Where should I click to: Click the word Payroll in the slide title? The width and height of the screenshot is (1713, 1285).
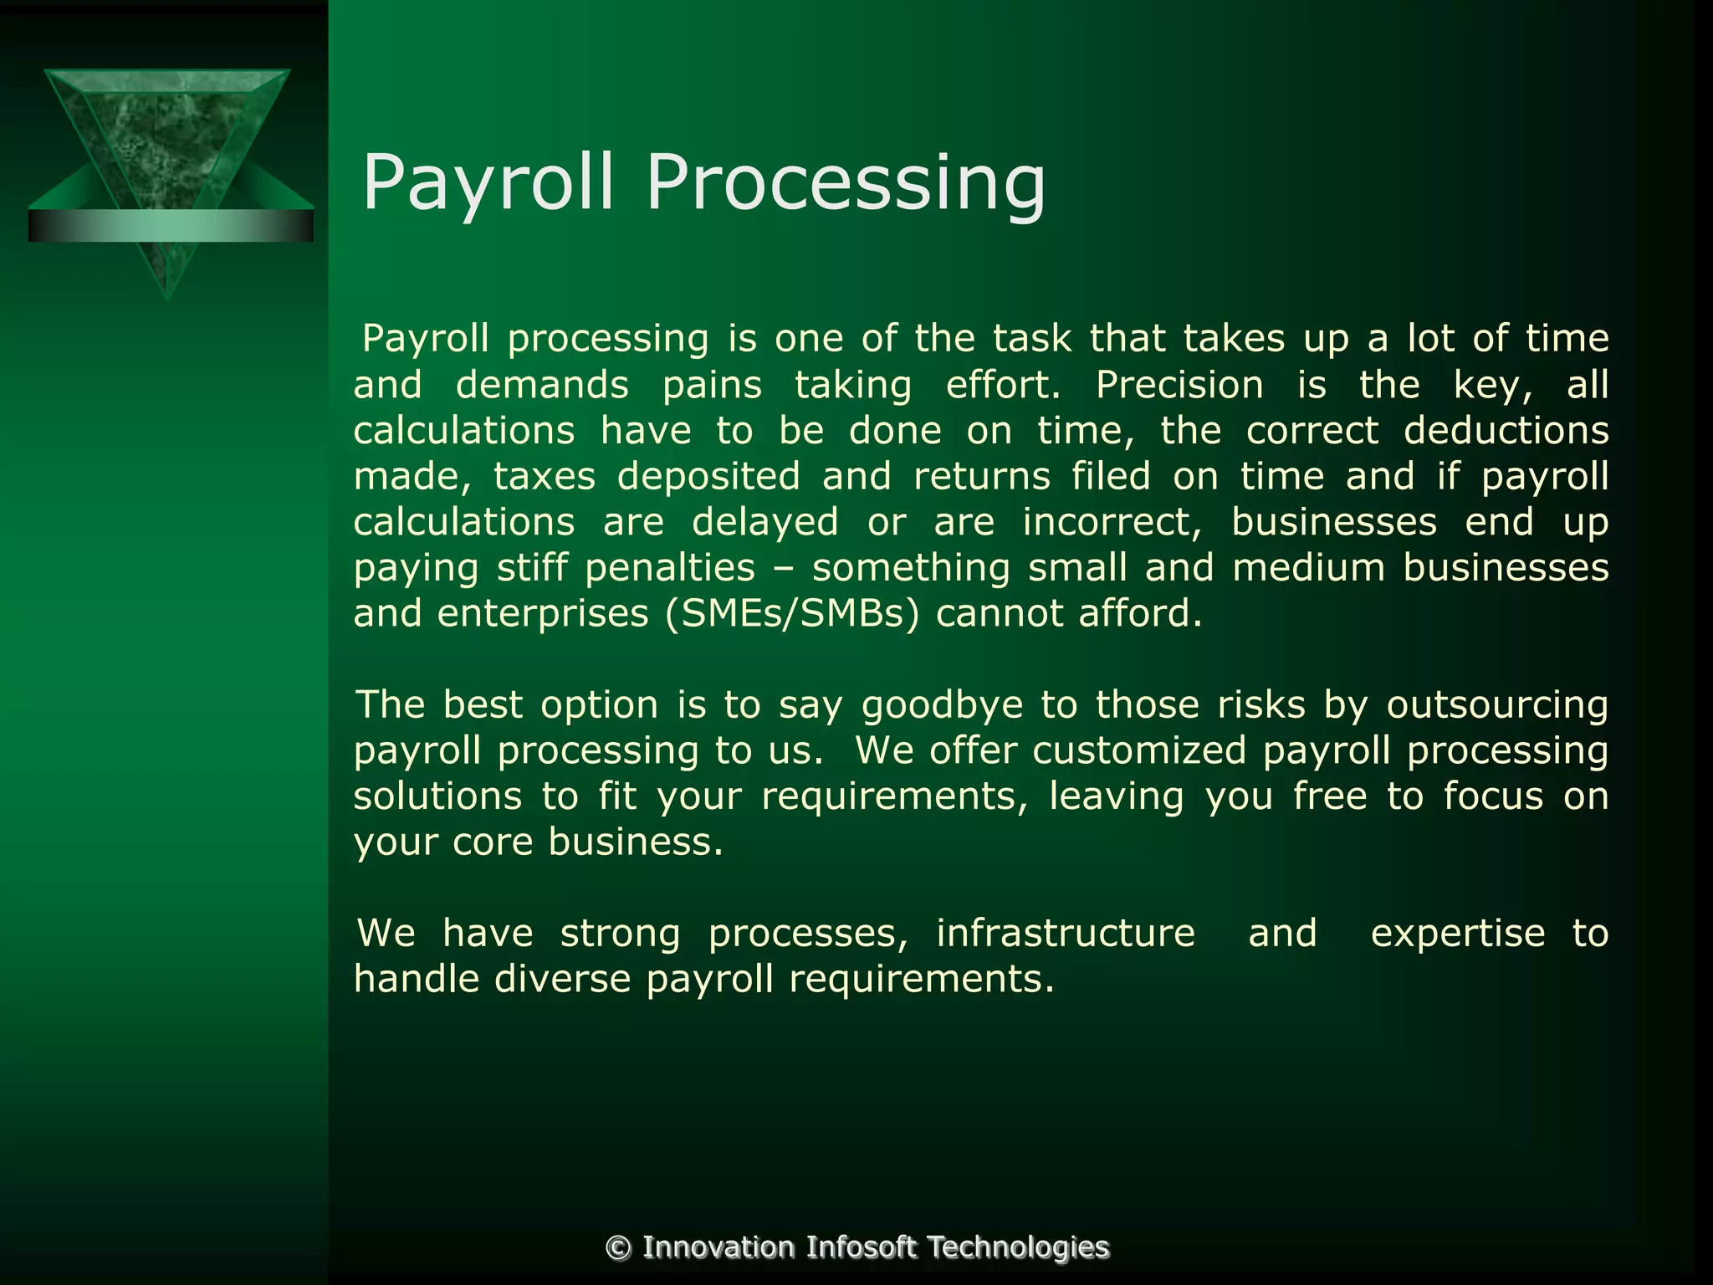(488, 184)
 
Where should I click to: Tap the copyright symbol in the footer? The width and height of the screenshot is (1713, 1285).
(619, 1247)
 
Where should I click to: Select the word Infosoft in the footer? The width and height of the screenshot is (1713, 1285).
(862, 1247)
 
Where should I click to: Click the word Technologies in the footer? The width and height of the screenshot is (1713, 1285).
(1018, 1247)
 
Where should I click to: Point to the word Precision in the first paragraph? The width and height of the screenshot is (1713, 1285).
(1179, 386)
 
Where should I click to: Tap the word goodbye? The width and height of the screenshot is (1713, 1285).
(943, 705)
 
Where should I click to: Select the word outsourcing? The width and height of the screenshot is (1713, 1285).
(1497, 705)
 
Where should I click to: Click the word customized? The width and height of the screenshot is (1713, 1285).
(1139, 750)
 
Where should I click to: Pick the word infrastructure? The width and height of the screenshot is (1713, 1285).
(1066, 934)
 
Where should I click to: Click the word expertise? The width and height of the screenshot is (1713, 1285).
(1457, 934)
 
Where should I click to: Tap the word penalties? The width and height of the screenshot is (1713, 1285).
(670, 569)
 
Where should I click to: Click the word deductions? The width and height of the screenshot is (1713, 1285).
(1506, 432)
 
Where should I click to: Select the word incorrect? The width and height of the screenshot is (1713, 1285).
(1112, 523)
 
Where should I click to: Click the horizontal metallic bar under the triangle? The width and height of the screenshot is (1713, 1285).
(171, 226)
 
